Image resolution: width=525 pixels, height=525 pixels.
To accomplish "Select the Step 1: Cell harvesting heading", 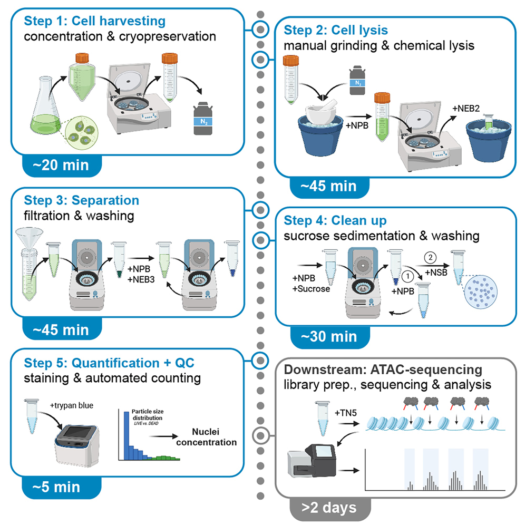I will point(95,22).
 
